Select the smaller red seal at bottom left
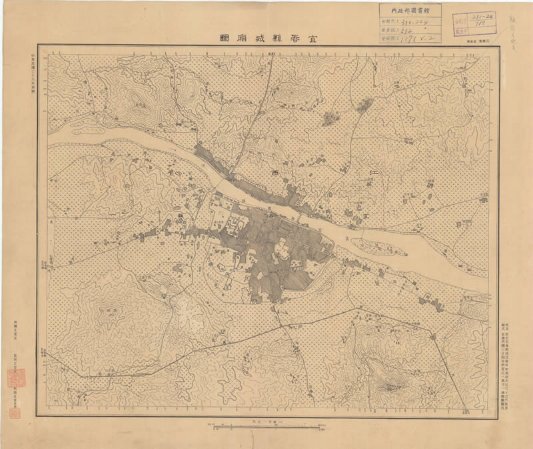tap(16, 412)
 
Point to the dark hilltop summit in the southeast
tap(390, 384)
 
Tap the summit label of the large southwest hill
tap(106, 310)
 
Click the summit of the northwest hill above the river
tap(140, 104)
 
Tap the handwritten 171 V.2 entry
tap(416, 39)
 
